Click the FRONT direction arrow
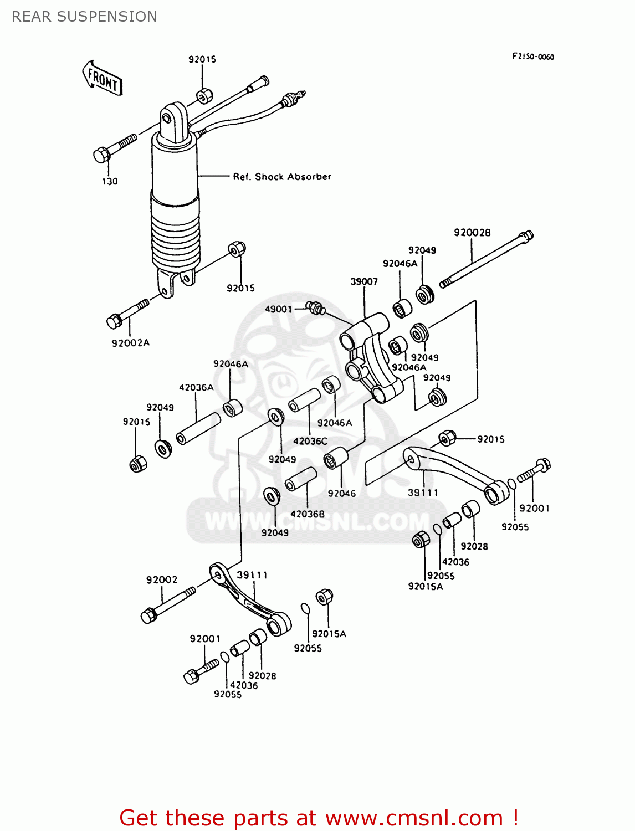pyautogui.click(x=103, y=79)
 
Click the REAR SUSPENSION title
pyautogui.click(x=84, y=17)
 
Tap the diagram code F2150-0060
pyautogui.click(x=532, y=57)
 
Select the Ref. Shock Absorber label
pyautogui.click(x=281, y=177)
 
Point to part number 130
pyautogui.click(x=110, y=181)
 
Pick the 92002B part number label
pyautogui.click(x=472, y=233)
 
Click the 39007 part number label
pyautogui.click(x=364, y=281)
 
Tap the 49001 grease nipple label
pyautogui.click(x=278, y=309)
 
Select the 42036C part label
pyautogui.click(x=310, y=441)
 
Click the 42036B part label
pyautogui.click(x=308, y=514)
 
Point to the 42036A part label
pyautogui.click(x=196, y=388)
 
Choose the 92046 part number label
pyautogui.click(x=341, y=493)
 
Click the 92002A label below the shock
pyautogui.click(x=131, y=343)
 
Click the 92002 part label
pyautogui.click(x=162, y=579)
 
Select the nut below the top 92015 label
pyautogui.click(x=204, y=96)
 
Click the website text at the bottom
pyautogui.click(x=319, y=818)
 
